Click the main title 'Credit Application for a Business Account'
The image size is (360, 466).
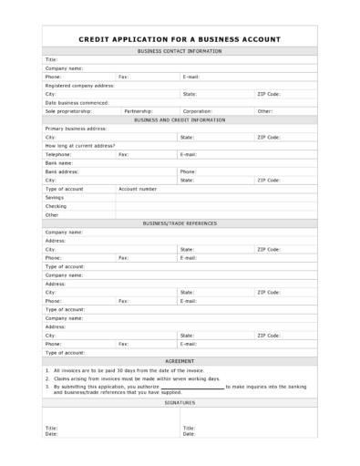180,39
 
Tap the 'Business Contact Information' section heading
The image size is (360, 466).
180,51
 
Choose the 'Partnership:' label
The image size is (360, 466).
139,111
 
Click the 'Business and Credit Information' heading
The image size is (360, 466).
180,119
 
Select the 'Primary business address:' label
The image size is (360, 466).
77,129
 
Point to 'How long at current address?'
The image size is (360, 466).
80,146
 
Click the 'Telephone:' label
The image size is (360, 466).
58,154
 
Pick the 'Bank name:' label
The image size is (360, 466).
60,163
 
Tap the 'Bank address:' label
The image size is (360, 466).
62,171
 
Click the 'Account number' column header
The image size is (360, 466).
138,189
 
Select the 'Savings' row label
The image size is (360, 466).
55,197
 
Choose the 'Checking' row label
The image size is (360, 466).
56,206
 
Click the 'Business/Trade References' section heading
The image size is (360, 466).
180,223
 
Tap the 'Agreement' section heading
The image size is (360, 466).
180,361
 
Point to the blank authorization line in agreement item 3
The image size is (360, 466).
192,388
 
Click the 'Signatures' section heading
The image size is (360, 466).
180,402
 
